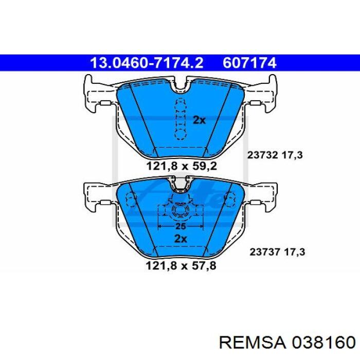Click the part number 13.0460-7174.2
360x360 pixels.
tap(147, 63)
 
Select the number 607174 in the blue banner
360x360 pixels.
tap(249, 63)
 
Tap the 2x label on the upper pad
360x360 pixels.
tap(200, 120)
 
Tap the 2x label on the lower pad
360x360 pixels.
tap(181, 239)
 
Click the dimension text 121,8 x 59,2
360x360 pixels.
tap(182, 166)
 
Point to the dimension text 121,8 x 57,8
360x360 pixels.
tap(181, 266)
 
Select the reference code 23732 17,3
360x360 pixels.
tap(275, 155)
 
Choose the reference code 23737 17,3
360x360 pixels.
tap(277, 252)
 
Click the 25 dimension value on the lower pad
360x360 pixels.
tap(181, 226)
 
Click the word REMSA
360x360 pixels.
tap(253, 343)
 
